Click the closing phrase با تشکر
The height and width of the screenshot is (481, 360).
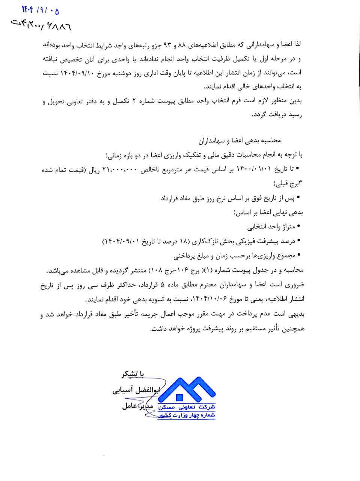133,374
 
